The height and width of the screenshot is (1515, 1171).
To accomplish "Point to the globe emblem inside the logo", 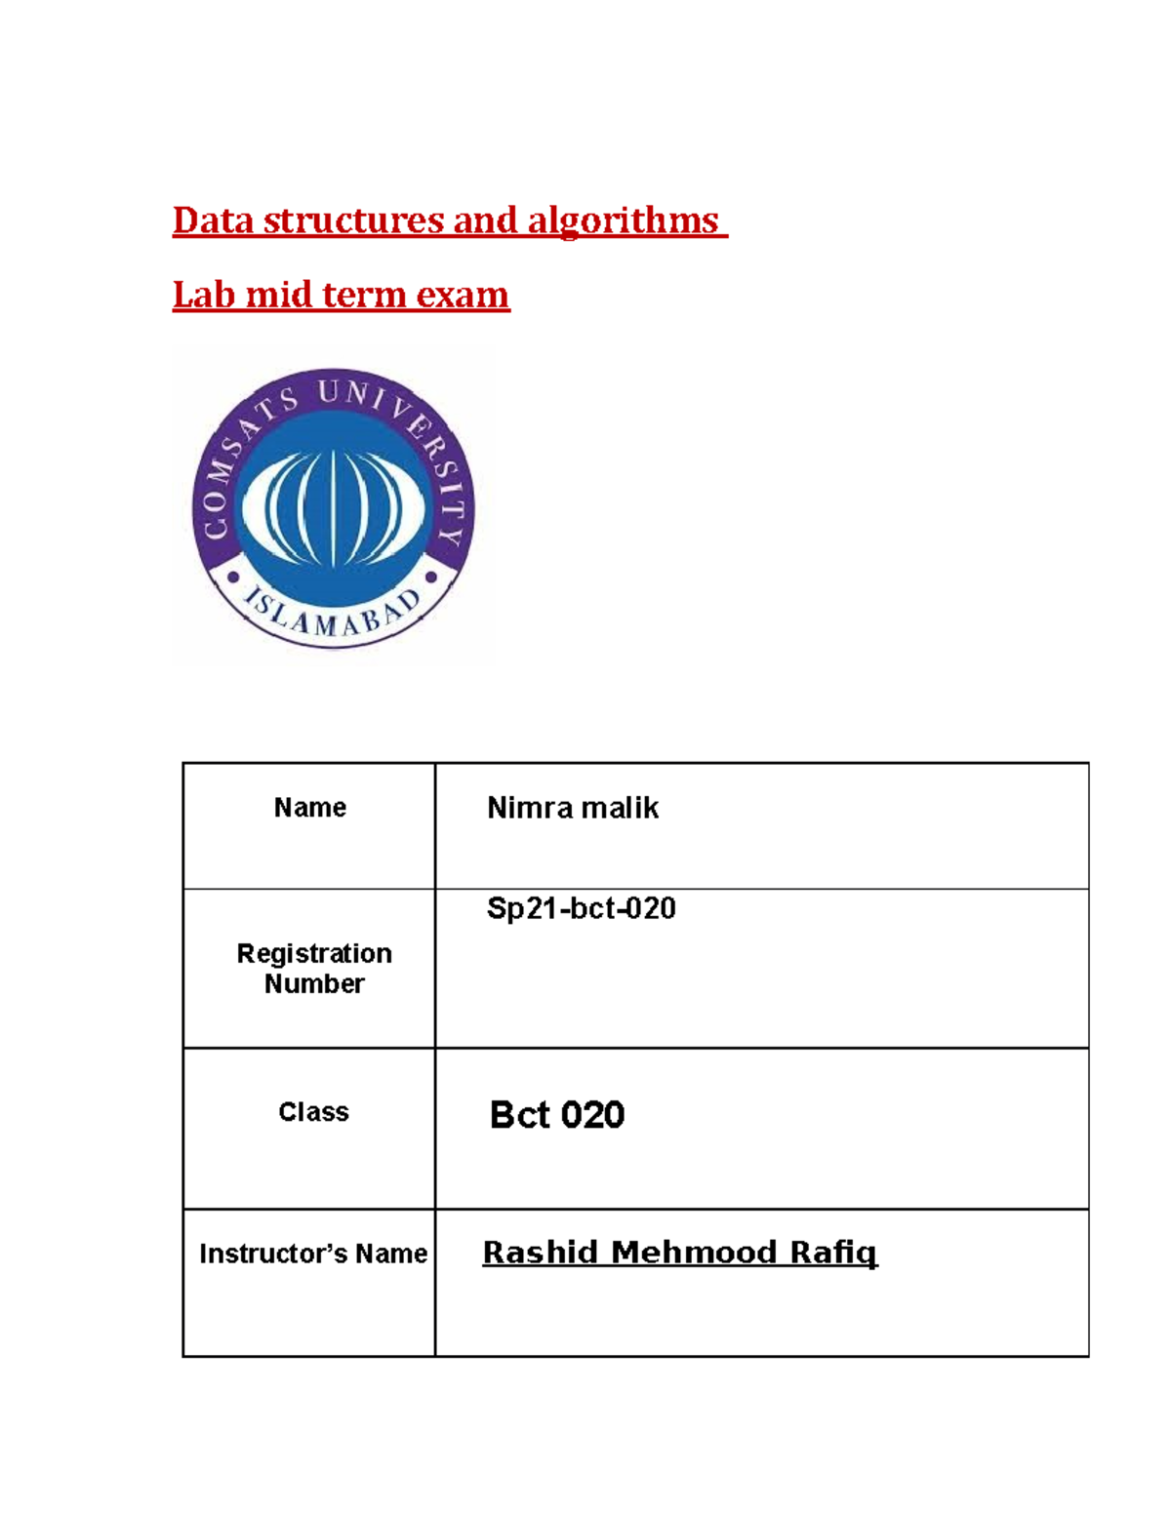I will click(334, 507).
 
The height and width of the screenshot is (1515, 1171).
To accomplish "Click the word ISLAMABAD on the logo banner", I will click(332, 616).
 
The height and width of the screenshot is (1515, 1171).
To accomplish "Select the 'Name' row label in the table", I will click(309, 808).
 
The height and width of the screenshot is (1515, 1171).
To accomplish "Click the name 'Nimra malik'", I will click(573, 808).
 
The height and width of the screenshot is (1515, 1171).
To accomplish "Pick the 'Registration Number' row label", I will click(314, 968).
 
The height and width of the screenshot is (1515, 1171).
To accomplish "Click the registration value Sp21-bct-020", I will click(581, 908).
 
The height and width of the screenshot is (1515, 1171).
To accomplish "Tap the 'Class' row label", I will click(313, 1112).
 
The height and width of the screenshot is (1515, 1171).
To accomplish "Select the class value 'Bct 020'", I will click(556, 1114).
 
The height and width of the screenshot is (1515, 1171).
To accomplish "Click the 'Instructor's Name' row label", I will click(312, 1254).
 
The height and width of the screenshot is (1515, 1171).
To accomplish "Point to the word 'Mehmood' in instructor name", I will click(694, 1253).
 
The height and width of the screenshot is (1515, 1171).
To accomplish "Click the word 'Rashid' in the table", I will click(540, 1253).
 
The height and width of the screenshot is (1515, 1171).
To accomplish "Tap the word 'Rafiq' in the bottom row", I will click(833, 1253).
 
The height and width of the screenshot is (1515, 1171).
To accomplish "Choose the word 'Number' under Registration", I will click(314, 983).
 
